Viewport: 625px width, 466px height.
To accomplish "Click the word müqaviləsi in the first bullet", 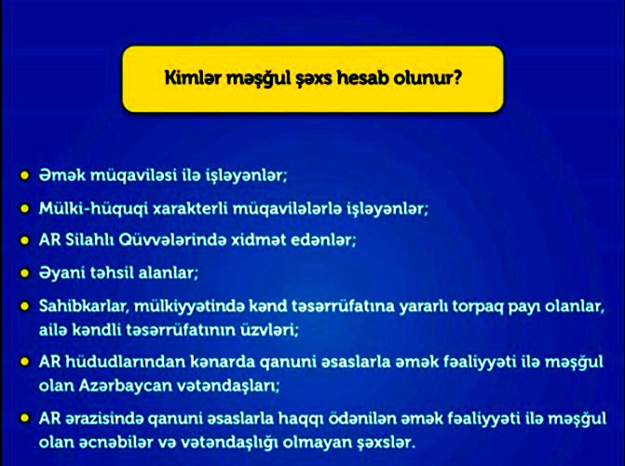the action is pos(133,175).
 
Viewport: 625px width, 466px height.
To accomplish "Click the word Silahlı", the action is pos(89,240).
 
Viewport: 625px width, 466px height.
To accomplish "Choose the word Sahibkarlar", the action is pos(84,307).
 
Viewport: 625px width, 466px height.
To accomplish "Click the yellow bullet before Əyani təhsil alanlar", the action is pos(25,274).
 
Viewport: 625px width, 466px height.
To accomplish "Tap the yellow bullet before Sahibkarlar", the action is pos(25,307).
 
